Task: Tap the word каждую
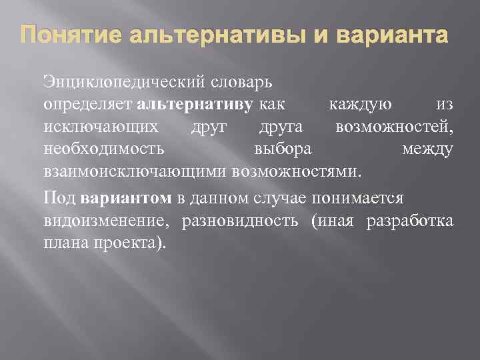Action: tap(361, 105)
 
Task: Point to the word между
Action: tap(427, 149)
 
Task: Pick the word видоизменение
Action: tap(103, 220)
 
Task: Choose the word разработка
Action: tap(410, 220)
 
